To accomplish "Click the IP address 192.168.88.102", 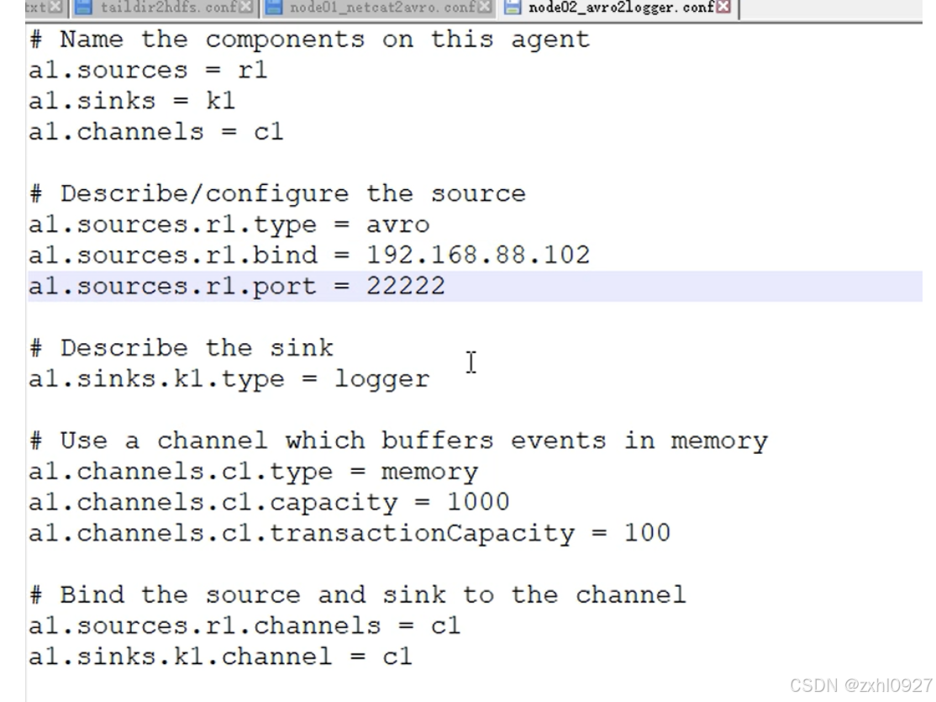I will (478, 256).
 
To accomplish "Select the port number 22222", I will (406, 287).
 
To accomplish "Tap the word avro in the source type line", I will (397, 224).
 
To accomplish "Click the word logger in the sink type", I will (382, 379).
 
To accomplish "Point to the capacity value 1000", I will (478, 502).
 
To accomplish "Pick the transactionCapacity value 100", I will (647, 533).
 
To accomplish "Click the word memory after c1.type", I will (429, 472).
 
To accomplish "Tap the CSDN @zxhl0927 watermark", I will (860, 685).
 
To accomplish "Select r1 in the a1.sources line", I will (253, 70).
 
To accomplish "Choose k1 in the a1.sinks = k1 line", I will (221, 101).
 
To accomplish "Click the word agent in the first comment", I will (550, 40).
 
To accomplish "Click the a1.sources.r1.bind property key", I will (173, 256).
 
